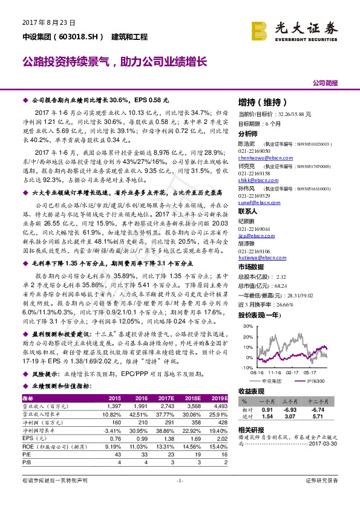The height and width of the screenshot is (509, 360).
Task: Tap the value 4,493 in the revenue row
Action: point(220,407)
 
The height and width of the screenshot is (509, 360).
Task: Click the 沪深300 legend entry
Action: point(315,381)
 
